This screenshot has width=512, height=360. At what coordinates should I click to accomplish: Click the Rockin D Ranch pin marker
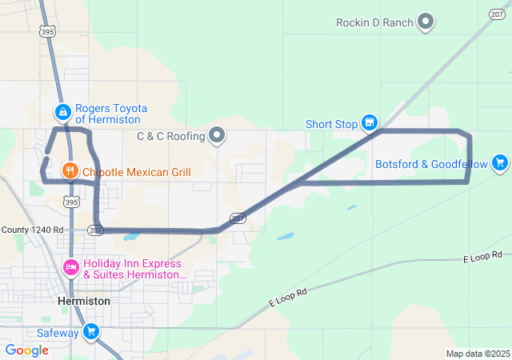point(426,22)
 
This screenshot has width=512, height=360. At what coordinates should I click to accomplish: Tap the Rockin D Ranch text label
point(374,22)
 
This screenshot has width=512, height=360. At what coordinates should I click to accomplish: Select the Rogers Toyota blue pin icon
point(62,113)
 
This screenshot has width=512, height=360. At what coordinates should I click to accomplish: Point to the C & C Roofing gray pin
point(217,135)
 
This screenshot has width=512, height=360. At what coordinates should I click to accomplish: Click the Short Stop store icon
point(369,123)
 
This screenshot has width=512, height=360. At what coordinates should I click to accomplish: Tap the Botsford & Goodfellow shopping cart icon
point(500,163)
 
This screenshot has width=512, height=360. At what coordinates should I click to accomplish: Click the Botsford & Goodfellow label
point(431,164)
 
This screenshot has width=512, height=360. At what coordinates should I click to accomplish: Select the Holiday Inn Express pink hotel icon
point(70,266)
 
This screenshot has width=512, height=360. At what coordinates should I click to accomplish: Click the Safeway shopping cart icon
point(90,331)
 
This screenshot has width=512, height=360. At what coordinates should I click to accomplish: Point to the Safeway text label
point(58,332)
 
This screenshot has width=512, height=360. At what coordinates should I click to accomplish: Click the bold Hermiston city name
point(84,301)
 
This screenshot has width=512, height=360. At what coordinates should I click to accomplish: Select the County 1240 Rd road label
point(31,229)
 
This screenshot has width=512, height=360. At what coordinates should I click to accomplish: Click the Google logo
point(27,350)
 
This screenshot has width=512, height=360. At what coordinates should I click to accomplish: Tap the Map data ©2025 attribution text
point(478,354)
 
